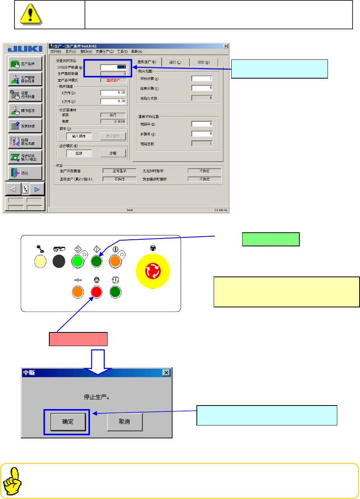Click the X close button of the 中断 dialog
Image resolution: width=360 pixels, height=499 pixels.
[166, 373]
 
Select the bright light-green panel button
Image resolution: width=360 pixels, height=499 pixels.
[77, 260]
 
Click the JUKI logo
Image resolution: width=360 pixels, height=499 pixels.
[25, 49]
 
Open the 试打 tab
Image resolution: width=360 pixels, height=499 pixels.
[173, 62]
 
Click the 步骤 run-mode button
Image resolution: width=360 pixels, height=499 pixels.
[113, 153]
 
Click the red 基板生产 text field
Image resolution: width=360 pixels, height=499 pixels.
[113, 80]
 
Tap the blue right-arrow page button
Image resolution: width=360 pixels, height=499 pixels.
[37, 189]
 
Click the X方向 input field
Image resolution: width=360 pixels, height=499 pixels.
[113, 93]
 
